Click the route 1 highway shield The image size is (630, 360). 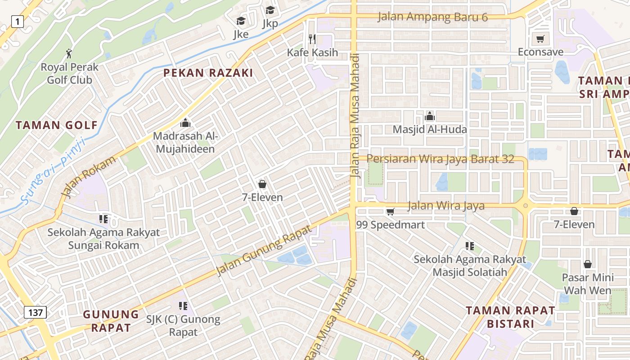(18, 21)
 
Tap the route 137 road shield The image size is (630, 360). (35, 312)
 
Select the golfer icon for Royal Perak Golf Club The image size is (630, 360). (69, 54)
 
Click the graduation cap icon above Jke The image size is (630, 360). (241, 21)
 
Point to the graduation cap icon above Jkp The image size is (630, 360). (270, 10)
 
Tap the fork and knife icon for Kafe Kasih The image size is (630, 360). (312, 39)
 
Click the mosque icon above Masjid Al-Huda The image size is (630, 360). (430, 116)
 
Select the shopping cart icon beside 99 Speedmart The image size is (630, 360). (390, 211)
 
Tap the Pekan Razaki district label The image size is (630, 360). (208, 73)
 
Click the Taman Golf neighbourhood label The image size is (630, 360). (57, 125)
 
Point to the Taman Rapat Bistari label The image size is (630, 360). (510, 317)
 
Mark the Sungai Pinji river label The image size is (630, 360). (53, 171)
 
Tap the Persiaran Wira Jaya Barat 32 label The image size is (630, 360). (440, 159)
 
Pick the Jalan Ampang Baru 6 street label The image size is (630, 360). (432, 17)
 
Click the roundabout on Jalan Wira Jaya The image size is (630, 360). (525, 207)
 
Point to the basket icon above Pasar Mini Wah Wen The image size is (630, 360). (587, 264)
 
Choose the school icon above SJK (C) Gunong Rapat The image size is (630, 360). (183, 306)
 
